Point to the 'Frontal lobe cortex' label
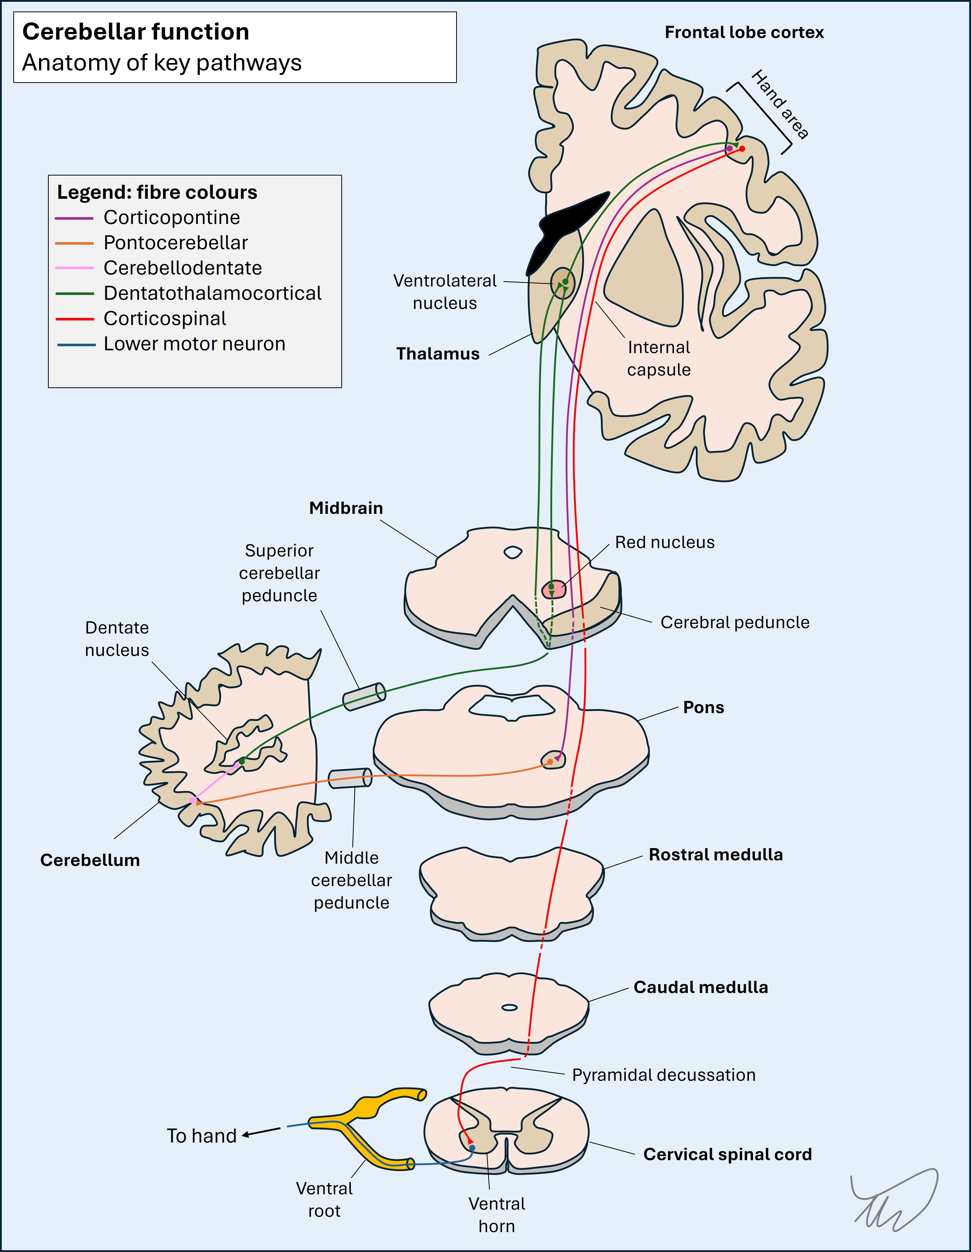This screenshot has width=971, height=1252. point(744,33)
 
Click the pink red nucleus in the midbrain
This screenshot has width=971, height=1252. point(553,589)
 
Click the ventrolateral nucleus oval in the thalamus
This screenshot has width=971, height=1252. point(562,282)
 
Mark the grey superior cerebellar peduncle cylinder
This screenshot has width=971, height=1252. point(364,697)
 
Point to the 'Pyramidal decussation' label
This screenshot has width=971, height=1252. point(664,1075)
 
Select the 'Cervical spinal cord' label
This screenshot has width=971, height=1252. point(727,1154)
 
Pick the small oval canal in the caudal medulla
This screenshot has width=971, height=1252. point(509,1007)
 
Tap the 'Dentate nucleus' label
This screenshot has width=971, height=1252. point(117,639)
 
